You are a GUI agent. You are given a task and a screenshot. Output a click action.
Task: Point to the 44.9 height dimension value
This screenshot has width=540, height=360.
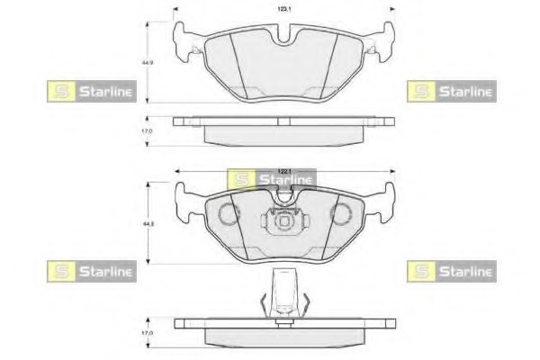tap(145, 63)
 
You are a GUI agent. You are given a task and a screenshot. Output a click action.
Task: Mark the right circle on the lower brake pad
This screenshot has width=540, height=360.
tap(342, 215)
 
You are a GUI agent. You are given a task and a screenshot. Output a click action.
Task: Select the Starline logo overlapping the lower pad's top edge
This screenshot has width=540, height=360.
tap(270, 179)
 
